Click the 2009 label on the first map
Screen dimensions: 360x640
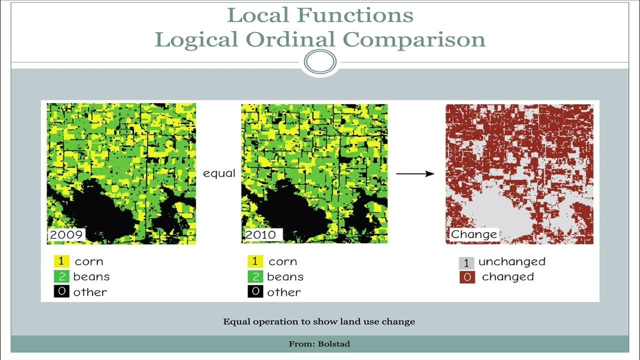[x=66, y=234]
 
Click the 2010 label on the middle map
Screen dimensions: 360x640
[x=260, y=234]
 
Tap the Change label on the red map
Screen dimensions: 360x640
[x=474, y=234]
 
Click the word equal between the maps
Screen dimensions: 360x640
[x=219, y=173]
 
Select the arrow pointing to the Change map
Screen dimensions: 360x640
[x=415, y=173]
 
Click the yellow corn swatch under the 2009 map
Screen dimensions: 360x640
[x=61, y=261]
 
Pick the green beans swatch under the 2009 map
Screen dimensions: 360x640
[x=61, y=276]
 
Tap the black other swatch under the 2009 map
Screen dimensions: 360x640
[x=61, y=291]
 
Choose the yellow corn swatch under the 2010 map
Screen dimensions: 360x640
[x=255, y=261]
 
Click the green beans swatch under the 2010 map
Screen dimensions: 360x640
[x=255, y=276]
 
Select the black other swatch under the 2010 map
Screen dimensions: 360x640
[x=255, y=291]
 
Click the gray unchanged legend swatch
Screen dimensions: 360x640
[x=466, y=262]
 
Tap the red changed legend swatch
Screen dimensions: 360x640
[x=466, y=277]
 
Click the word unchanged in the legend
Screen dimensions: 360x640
[x=511, y=261]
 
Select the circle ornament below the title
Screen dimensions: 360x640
[x=320, y=63]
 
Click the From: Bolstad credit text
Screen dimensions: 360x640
[x=319, y=344]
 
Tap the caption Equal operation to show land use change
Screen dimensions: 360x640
[x=319, y=321]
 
